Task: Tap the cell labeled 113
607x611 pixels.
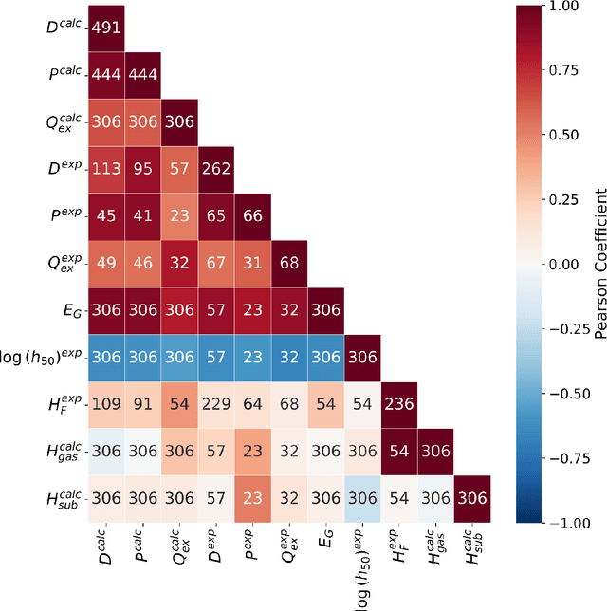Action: coord(105,168)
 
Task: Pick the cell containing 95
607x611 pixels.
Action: coord(142,168)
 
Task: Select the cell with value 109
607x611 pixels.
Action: coord(105,404)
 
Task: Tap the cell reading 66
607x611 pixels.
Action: coord(252,215)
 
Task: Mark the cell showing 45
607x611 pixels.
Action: coord(105,215)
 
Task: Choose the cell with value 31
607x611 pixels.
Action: coord(252,263)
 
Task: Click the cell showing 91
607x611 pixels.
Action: coord(142,404)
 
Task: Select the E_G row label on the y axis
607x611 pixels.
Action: coord(70,310)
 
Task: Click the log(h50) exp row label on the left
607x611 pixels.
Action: coord(38,358)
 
